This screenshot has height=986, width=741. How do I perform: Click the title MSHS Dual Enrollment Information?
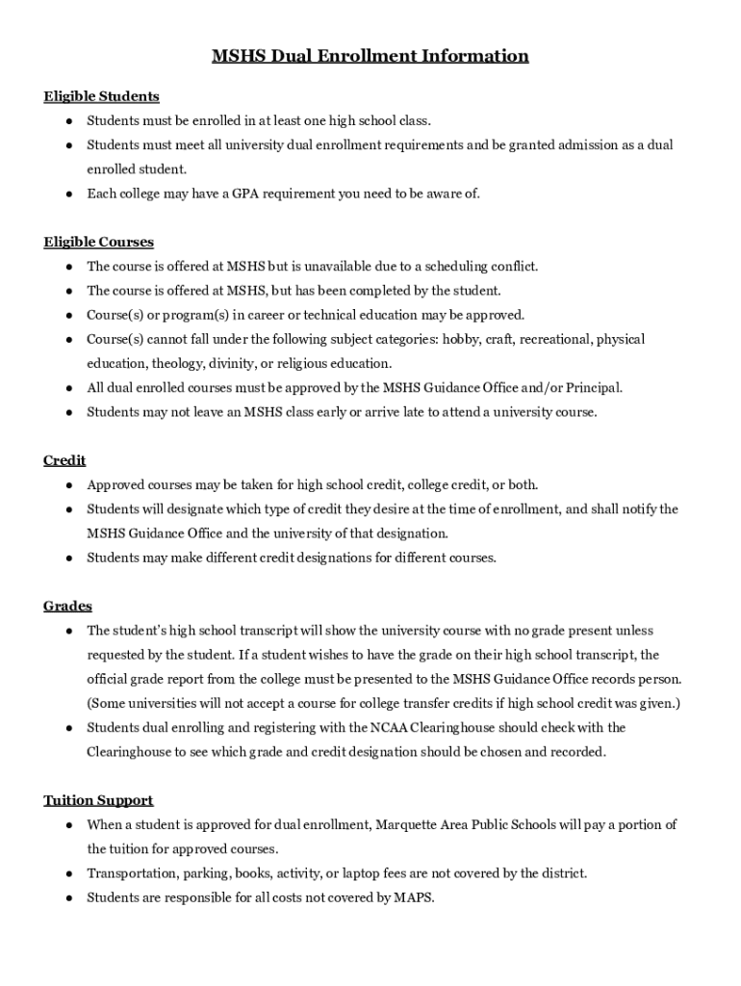(370, 56)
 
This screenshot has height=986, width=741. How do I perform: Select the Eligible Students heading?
(101, 96)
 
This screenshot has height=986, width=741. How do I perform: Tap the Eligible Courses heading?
(98, 242)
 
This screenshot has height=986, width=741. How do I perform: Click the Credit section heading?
(64, 460)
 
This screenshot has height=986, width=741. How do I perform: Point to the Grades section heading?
(67, 606)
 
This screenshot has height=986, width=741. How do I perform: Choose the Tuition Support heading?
(98, 800)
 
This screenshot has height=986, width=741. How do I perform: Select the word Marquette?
(411, 824)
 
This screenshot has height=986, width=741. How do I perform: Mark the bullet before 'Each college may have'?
(70, 194)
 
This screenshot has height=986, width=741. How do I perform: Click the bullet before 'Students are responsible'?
(70, 897)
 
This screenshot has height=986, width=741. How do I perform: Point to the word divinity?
(240, 363)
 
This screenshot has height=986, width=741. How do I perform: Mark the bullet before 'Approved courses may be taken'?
(70, 484)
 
